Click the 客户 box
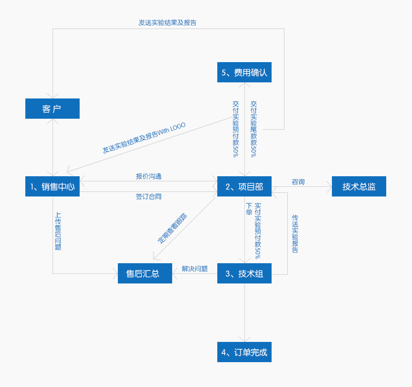point(52,109)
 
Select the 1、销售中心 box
point(52,186)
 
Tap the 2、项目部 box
point(244,186)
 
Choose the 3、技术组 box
point(244,273)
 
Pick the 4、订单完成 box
point(244,352)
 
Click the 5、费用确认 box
point(244,72)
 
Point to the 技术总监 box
point(359,186)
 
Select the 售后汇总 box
point(145,273)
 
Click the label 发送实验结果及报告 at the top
point(168,22)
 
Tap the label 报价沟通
point(149,176)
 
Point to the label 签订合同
point(149,196)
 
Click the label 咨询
point(298,182)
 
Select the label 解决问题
point(195,269)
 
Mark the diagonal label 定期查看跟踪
point(173,228)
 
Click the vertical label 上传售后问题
point(58,231)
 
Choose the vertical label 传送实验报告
point(295,234)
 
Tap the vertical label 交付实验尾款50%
point(254,129)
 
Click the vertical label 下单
point(249,208)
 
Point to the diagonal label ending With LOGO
point(144,138)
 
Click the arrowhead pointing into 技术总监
point(330,186)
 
